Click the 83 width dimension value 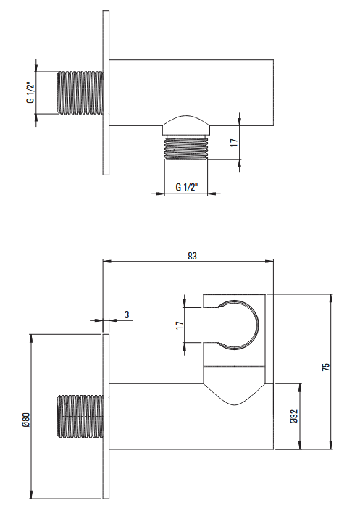(x=192, y=256)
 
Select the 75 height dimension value (x=326, y=367)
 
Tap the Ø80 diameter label (x=27, y=420)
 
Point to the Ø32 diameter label (x=294, y=417)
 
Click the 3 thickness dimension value (x=127, y=315)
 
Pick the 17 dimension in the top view (x=234, y=142)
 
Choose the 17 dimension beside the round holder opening (x=180, y=325)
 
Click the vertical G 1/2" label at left (x=30, y=92)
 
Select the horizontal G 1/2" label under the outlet (x=187, y=187)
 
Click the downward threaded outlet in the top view (x=186, y=149)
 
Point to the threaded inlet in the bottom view (x=80, y=417)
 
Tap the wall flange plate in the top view (x=106, y=93)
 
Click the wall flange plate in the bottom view (x=106, y=416)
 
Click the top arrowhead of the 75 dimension (x=331, y=298)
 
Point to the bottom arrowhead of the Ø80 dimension (x=31, y=494)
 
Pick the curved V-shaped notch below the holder (x=235, y=396)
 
